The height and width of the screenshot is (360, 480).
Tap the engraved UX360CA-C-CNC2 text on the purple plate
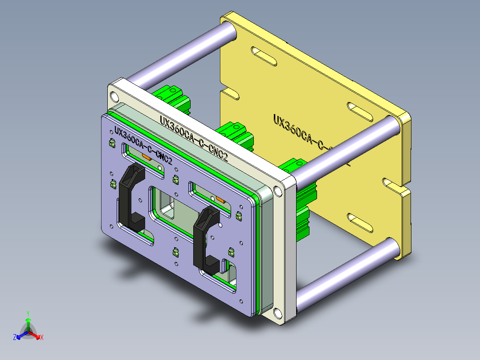(x=143, y=145)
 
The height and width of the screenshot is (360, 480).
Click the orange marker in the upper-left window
(x=146, y=156)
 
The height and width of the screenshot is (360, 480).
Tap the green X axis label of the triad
(x=41, y=337)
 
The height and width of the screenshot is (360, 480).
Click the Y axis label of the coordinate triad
(x=28, y=313)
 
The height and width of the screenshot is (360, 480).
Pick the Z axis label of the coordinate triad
(x=15, y=337)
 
